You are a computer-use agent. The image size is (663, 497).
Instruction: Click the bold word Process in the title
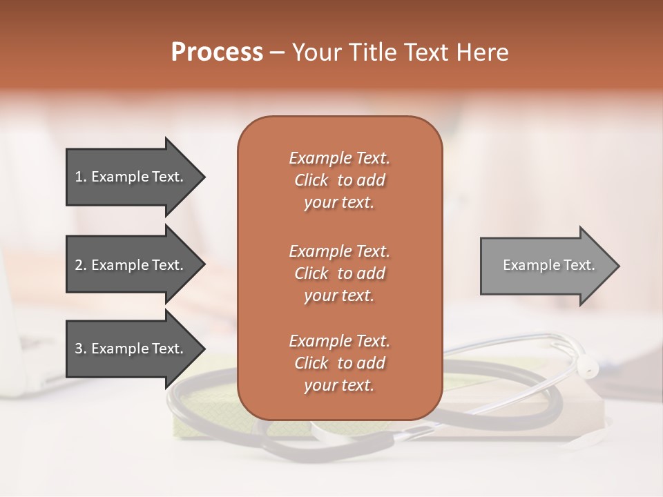click(x=217, y=52)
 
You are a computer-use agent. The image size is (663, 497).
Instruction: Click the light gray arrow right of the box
click(x=546, y=265)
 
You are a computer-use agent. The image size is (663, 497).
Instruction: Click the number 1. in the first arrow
click(x=81, y=177)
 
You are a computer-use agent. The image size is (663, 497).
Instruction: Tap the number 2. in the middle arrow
click(x=81, y=265)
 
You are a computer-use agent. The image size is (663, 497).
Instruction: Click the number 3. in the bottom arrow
click(x=81, y=349)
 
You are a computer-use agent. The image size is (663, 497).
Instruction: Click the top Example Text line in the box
click(x=339, y=158)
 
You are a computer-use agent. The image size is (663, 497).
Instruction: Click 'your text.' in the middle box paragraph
click(x=339, y=295)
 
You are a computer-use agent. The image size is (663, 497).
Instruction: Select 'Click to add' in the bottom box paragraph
click(x=339, y=363)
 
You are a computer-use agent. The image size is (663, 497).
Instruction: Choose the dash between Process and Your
click(x=278, y=53)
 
